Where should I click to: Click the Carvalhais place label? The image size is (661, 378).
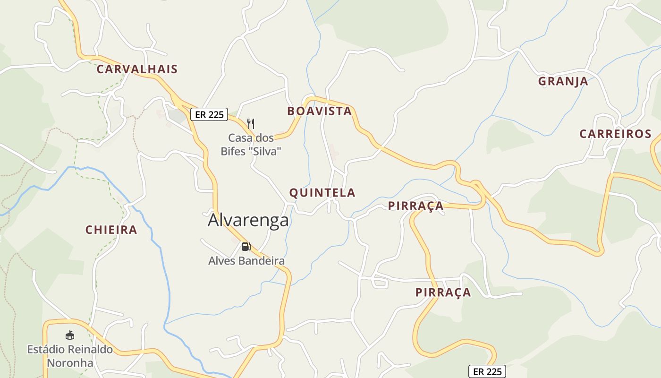(x=137, y=69)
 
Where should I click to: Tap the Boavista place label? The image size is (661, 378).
(x=320, y=111)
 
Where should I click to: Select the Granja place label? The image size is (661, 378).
(x=563, y=81)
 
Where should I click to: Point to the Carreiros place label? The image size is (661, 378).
(x=615, y=134)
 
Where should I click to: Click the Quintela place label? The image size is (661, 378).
(x=322, y=193)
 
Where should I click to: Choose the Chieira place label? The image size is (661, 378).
(x=111, y=230)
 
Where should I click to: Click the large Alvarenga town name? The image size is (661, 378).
(x=248, y=220)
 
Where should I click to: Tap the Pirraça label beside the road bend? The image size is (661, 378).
(x=415, y=206)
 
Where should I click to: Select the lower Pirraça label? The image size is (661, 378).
(x=443, y=292)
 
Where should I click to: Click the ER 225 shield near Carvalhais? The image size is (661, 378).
(x=209, y=114)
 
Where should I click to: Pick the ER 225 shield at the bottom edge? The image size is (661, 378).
(x=487, y=371)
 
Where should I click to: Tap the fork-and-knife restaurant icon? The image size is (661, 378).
(x=251, y=124)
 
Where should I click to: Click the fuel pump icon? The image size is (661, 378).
(x=246, y=246)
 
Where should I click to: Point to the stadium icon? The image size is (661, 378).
(x=70, y=335)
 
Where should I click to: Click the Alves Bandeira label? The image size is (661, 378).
(x=246, y=261)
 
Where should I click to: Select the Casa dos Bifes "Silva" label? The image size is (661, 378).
(x=251, y=145)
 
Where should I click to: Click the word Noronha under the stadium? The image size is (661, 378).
(x=70, y=363)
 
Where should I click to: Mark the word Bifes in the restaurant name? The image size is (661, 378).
(x=239, y=152)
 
